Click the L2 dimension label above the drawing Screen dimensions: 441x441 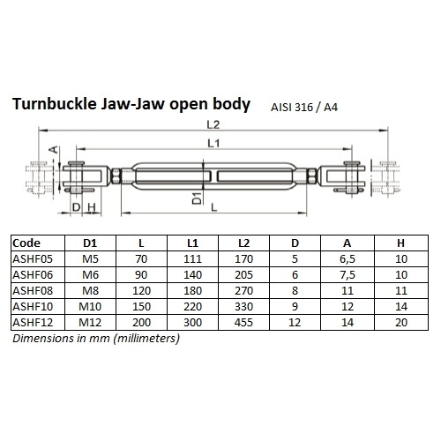pos(213,124)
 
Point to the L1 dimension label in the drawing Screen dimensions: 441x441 pos(213,143)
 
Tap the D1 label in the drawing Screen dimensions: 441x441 pos(198,198)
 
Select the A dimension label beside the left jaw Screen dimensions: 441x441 pos(54,150)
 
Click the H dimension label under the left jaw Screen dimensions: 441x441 pos(92,207)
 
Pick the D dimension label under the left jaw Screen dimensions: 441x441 pos(76,207)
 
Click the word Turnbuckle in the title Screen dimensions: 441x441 pos(55,104)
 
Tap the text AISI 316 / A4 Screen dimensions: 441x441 pos(304,108)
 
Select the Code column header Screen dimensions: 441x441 pos(26,243)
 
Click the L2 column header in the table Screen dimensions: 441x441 pos(243,243)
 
